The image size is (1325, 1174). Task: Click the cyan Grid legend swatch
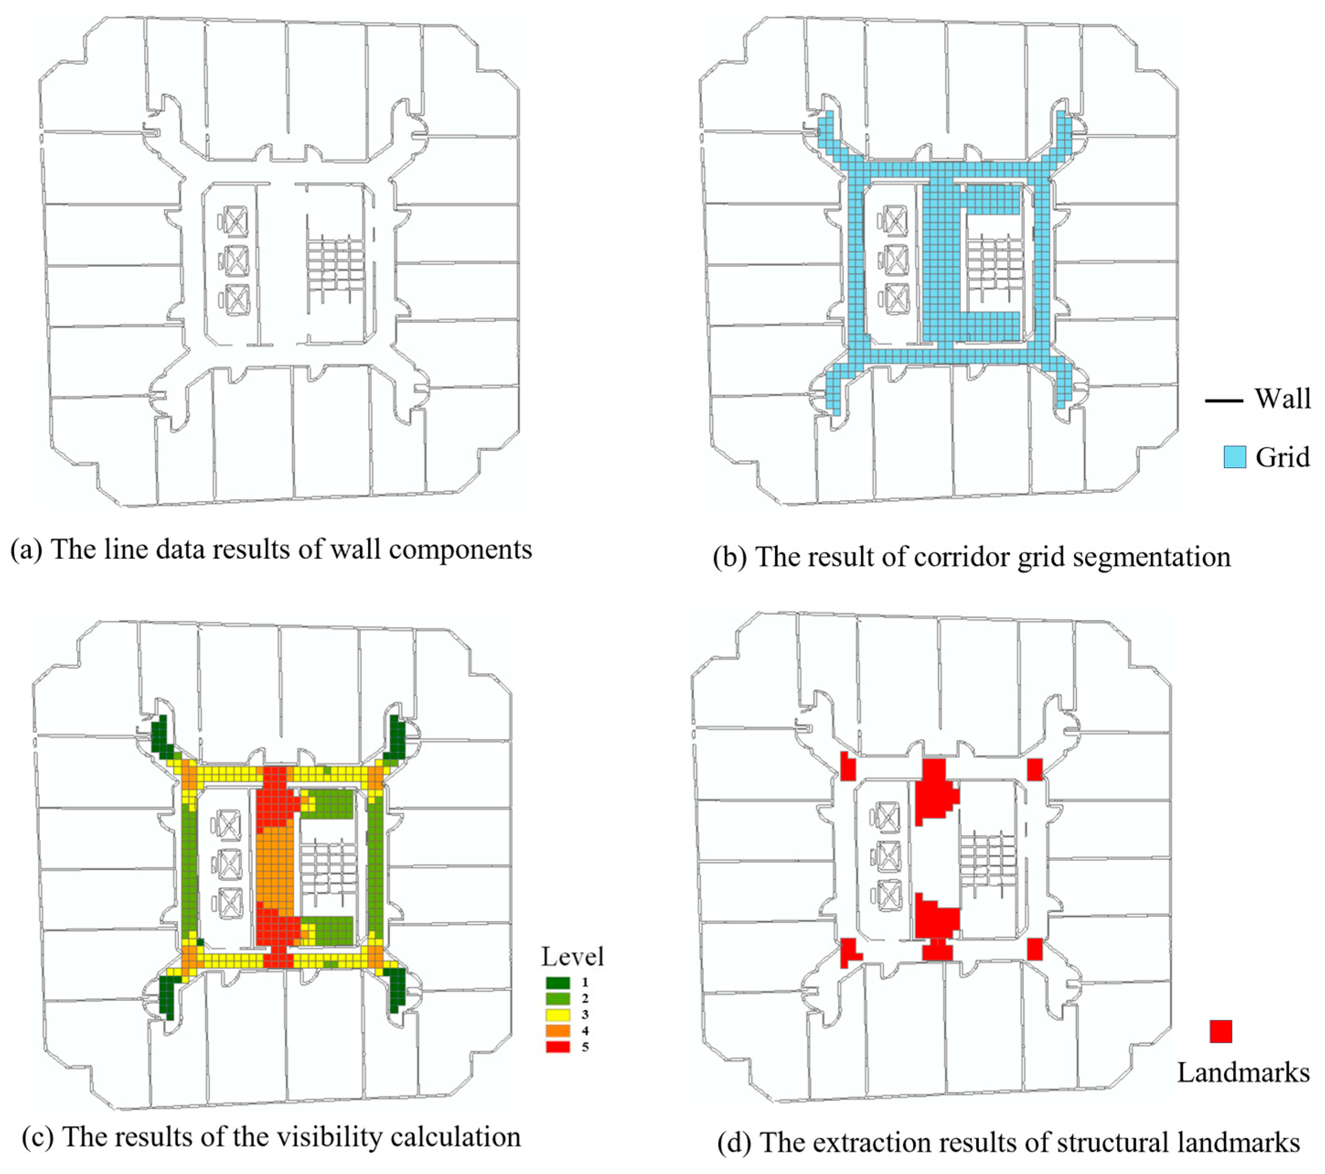tap(1234, 457)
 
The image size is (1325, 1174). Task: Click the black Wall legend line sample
tap(1224, 400)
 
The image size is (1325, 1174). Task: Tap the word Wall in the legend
tap(1282, 398)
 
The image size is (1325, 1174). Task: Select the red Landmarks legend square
tap(1221, 1031)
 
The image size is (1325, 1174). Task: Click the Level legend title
tap(572, 956)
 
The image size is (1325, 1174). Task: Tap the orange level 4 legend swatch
tap(558, 1031)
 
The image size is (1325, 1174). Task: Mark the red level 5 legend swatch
tap(558, 1047)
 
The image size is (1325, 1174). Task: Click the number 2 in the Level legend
tap(585, 999)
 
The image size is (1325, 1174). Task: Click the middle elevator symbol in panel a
tap(237, 261)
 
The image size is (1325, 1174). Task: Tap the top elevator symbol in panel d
tap(888, 817)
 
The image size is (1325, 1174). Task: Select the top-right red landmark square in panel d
tap(1035, 769)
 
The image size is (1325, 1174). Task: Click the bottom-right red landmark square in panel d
tap(1035, 949)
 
